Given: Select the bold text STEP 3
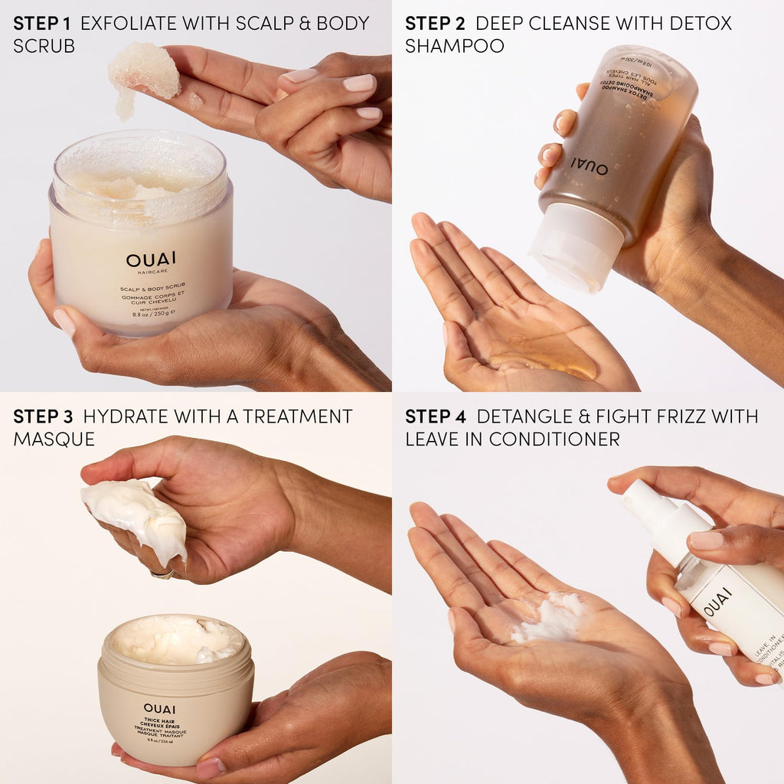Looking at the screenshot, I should coord(43,416).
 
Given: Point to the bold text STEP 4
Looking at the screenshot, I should coord(436,416).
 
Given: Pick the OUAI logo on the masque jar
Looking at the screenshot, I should coord(159,708).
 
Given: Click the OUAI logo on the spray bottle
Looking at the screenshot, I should coord(717,602).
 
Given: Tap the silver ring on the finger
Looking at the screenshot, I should coord(162,573).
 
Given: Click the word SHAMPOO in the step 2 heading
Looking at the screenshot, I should coord(455,46).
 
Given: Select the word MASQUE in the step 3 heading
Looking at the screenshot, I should coord(54,439).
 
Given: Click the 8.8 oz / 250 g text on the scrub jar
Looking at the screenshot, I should coord(153,312).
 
